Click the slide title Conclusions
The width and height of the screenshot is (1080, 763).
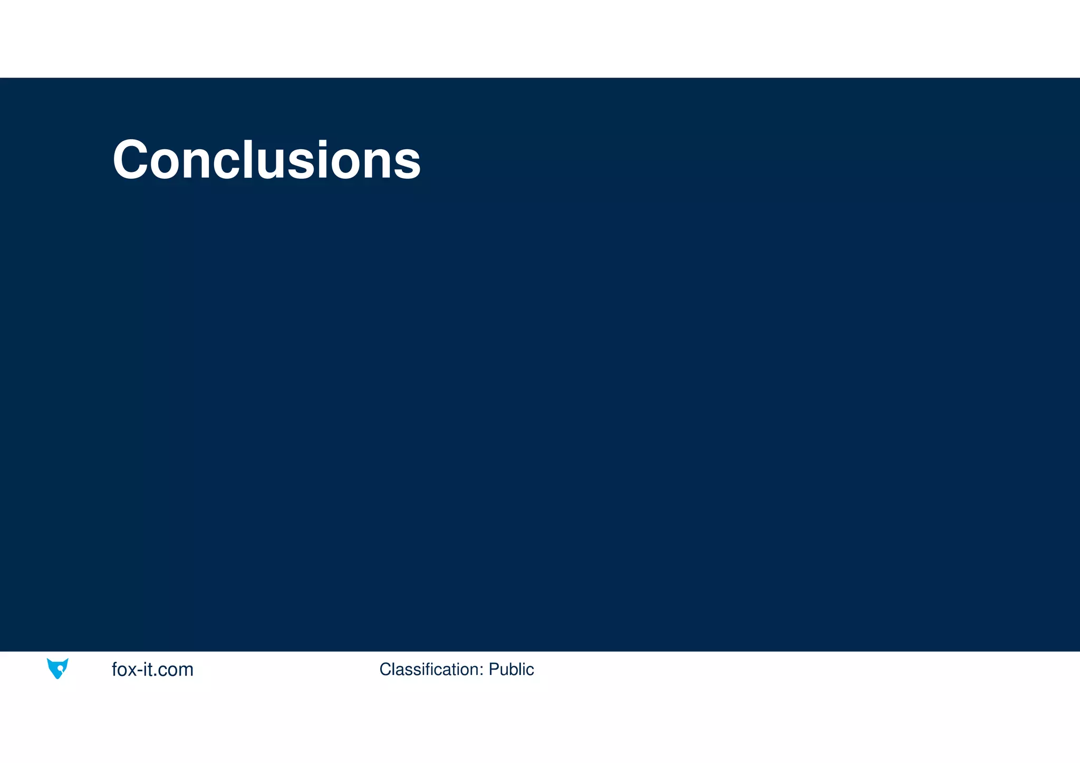[266, 159]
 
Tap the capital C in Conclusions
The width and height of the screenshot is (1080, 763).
[130, 159]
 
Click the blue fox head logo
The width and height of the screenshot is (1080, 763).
[57, 668]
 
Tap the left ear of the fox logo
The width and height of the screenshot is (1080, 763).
[50, 661]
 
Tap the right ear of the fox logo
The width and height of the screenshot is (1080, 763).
[66, 661]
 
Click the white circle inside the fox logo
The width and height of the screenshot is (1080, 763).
[61, 669]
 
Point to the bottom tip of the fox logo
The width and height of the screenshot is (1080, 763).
[57, 678]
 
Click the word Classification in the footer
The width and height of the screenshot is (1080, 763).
[429, 669]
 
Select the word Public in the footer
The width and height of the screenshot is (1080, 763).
[511, 669]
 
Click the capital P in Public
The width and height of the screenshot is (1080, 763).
[494, 669]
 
